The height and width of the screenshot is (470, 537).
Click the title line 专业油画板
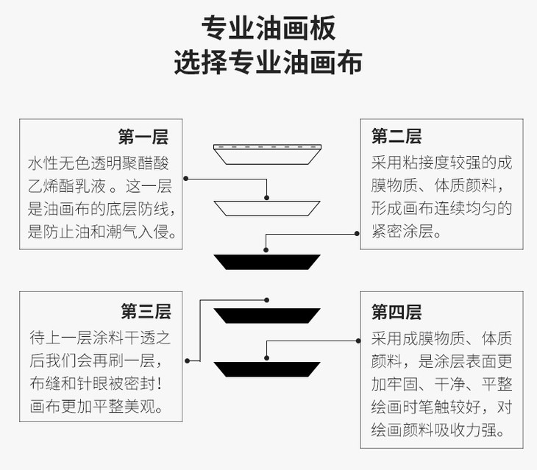268,29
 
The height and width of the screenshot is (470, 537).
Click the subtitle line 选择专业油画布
268,63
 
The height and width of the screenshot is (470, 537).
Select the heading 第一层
143,137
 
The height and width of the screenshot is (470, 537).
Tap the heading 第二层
396,137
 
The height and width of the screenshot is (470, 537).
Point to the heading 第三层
146,312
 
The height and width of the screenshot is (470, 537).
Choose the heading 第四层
396,312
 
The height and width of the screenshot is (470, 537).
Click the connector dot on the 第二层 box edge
359,233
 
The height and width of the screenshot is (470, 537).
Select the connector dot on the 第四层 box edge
359,341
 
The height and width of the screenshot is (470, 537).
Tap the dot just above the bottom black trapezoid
267,354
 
